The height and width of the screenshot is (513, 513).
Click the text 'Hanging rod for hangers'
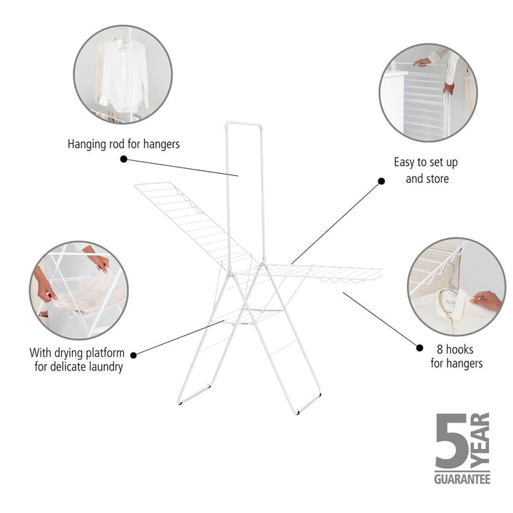pos(123,144)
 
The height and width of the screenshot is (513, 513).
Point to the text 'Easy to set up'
pos(427,162)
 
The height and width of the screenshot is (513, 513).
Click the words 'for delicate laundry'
pos(79,368)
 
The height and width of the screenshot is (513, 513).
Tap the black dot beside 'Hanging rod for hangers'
pos(123,160)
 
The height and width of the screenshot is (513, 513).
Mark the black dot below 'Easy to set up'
pos(381,182)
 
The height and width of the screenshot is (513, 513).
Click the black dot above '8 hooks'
pos(418,348)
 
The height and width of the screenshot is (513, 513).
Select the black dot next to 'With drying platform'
pos(135,353)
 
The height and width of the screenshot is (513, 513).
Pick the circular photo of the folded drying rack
pos(427,93)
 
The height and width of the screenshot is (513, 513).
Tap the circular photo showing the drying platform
pos(78,289)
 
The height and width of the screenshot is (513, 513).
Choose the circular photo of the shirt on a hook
pos(456,286)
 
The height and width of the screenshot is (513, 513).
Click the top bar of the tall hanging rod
pos(244,124)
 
